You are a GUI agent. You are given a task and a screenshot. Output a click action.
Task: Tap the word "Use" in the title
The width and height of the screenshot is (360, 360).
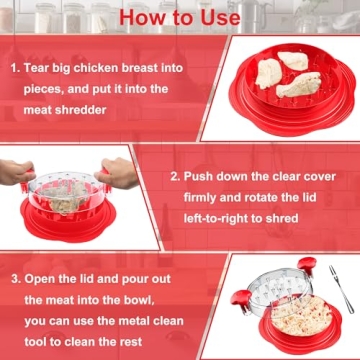pyautogui.click(x=214, y=17)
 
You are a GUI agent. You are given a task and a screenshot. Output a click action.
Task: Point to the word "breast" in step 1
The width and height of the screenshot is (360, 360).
pyautogui.click(x=167, y=70)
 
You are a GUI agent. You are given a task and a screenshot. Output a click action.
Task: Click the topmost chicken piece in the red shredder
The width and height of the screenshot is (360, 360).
pyautogui.click(x=268, y=72)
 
